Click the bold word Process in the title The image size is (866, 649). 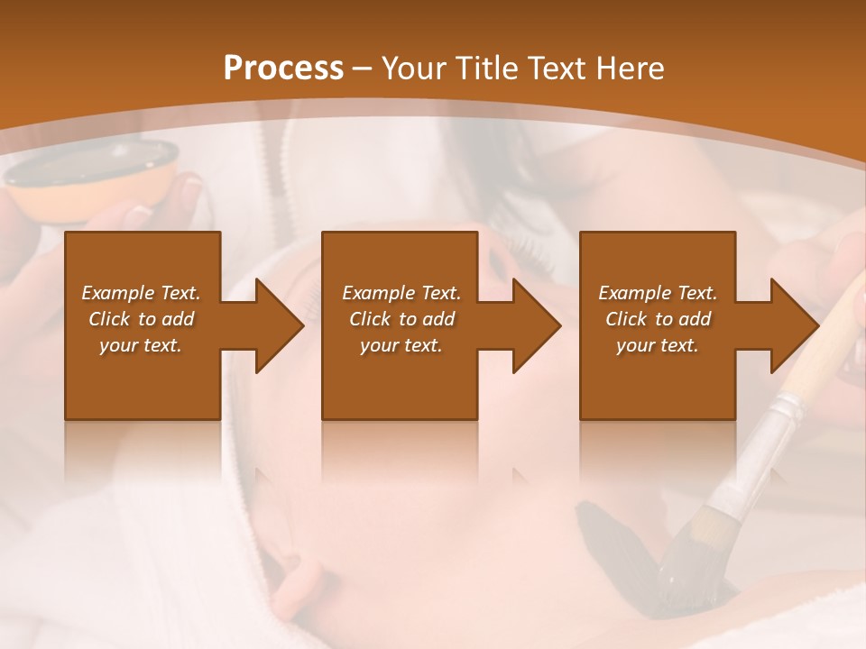pyautogui.click(x=283, y=69)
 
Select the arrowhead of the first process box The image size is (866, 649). pyautogui.click(x=275, y=325)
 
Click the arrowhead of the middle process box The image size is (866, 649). pyautogui.click(x=532, y=325)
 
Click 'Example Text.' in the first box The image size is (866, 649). pyautogui.click(x=141, y=293)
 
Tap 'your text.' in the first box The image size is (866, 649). pyautogui.click(x=141, y=345)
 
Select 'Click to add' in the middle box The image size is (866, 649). pyautogui.click(x=401, y=319)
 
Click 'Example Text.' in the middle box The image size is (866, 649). pyautogui.click(x=401, y=293)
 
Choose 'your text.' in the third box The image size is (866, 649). pyautogui.click(x=658, y=345)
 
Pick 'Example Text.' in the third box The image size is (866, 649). pyautogui.click(x=658, y=293)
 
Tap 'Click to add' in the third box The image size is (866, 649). pyautogui.click(x=658, y=319)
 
